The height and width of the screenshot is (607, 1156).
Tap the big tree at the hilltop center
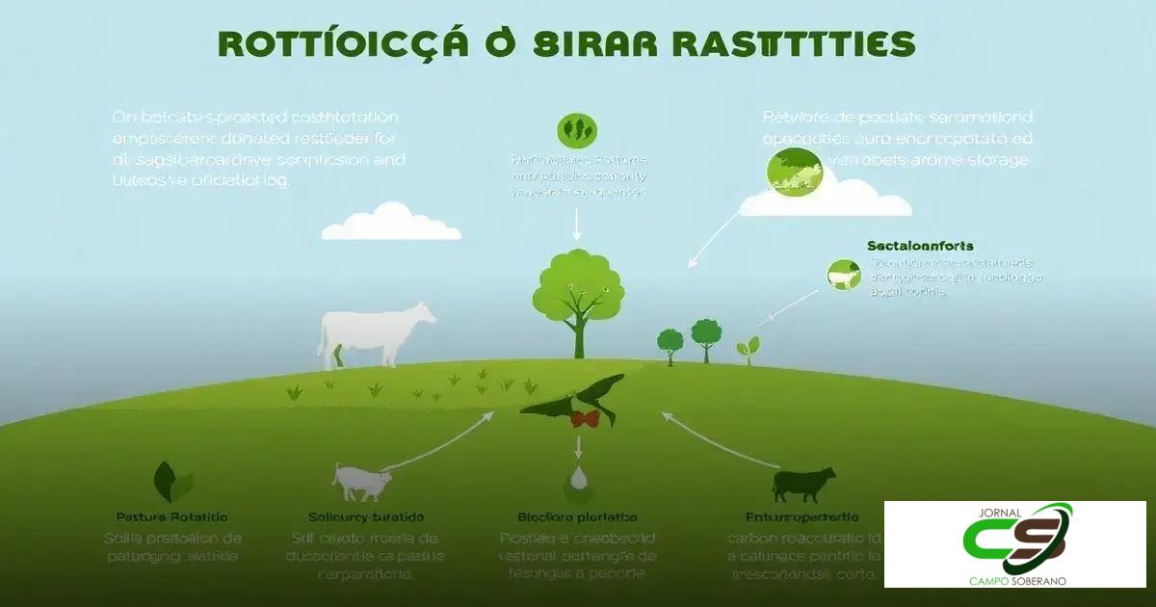tap(578, 299)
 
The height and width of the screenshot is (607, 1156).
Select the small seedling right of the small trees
tap(749, 348)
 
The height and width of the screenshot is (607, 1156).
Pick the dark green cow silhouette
tap(802, 484)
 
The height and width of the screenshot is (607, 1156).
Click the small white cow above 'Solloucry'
tap(358, 481)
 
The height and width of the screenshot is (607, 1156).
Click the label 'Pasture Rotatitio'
tap(171, 517)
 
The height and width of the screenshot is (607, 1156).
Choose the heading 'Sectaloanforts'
tap(919, 247)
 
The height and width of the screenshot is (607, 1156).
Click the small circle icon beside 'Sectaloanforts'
tap(843, 275)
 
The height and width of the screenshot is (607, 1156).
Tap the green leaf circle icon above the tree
tap(577, 131)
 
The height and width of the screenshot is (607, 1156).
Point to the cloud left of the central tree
tap(390, 223)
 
